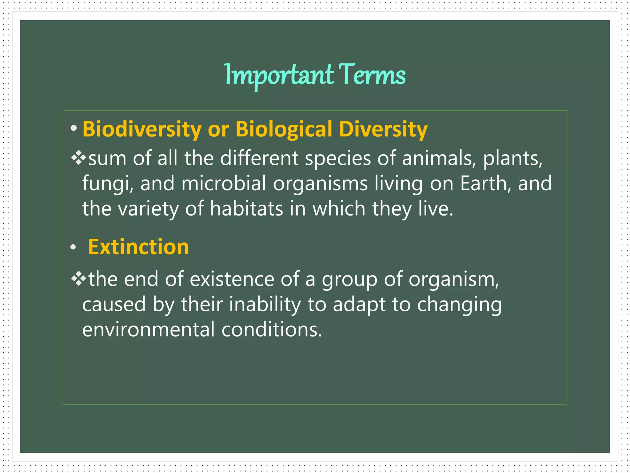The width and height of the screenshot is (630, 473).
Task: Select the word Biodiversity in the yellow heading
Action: pyautogui.click(x=142, y=129)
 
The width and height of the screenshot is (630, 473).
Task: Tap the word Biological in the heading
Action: pyautogui.click(x=284, y=129)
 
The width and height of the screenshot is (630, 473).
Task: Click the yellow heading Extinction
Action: pyautogui.click(x=138, y=247)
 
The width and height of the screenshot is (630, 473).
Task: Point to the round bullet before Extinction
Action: pyautogui.click(x=73, y=247)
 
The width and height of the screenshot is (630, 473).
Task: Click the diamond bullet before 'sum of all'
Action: pyautogui.click(x=79, y=157)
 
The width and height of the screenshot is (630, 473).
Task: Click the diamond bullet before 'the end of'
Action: pyautogui.click(x=79, y=278)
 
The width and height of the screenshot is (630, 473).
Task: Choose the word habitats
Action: pyautogui.click(x=246, y=209)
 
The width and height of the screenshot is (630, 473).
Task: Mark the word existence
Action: pyautogui.click(x=232, y=279)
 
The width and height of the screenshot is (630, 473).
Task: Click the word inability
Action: pyautogui.click(x=265, y=305)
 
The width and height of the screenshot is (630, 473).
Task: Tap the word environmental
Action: pyautogui.click(x=148, y=330)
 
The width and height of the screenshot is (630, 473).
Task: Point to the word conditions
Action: pyautogui.click(x=271, y=330)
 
